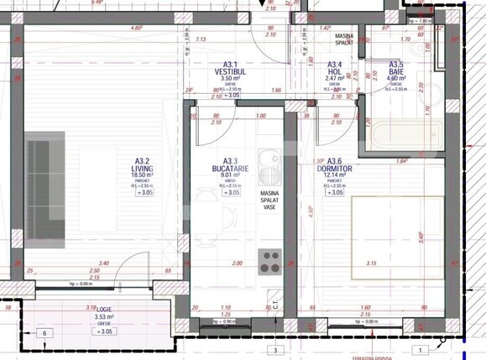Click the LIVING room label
pos(143,169)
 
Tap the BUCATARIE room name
pos(230,169)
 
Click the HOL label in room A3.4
pos(334,71)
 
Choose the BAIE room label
pos(395,71)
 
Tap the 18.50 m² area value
pos(143,176)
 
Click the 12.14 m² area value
pos(334,176)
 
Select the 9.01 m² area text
pos(230,176)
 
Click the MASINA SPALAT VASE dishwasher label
pos(269,202)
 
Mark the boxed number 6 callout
pos(44,333)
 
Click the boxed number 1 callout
pos(420,349)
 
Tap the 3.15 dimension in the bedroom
pos(370,263)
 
